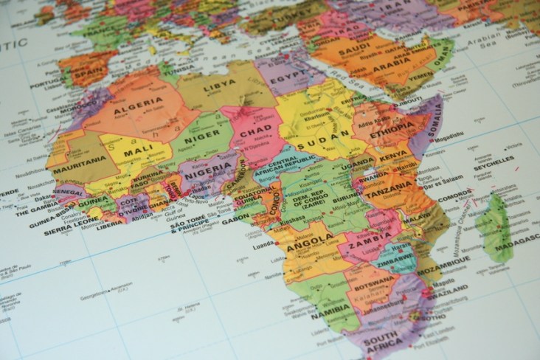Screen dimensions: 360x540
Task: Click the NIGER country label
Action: click(202, 136)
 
